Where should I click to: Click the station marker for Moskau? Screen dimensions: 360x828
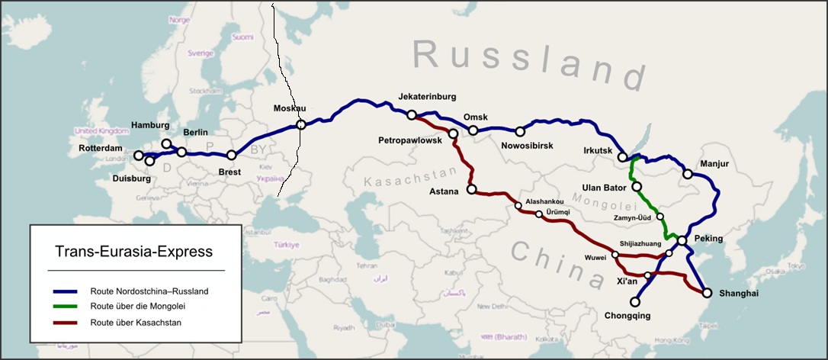point(301,124)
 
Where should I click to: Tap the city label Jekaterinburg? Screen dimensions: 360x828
point(427,97)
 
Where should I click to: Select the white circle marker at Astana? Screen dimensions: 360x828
point(471,189)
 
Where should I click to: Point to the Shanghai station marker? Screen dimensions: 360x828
point(706,293)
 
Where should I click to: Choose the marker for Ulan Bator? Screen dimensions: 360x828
point(637,186)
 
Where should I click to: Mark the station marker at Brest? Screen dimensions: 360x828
point(232,155)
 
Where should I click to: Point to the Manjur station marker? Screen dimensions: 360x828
point(687,175)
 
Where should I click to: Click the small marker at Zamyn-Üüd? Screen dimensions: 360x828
point(660,217)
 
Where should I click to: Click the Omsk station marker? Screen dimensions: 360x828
point(473,130)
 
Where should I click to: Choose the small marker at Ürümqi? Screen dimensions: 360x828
point(539,214)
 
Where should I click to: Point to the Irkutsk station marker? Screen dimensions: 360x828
point(623,157)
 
